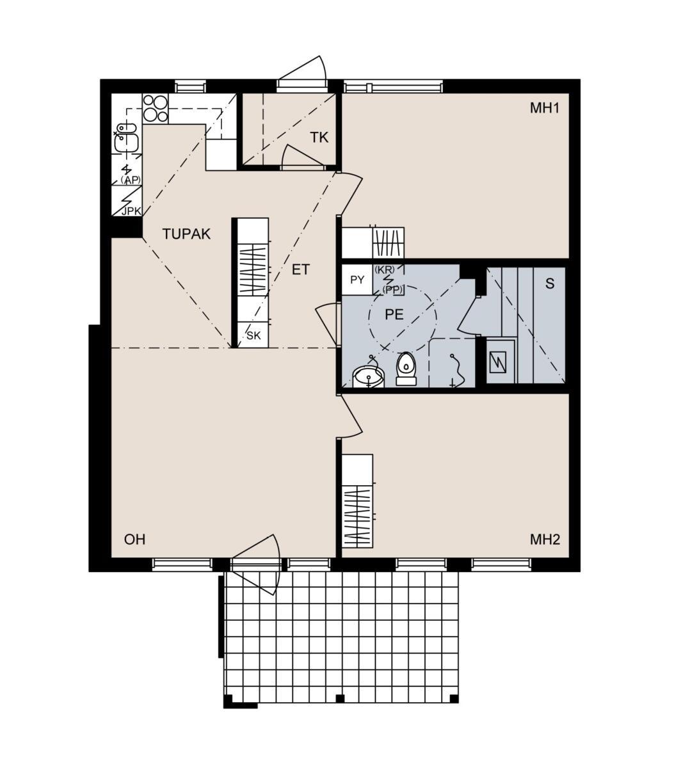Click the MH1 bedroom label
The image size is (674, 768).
tap(544, 108)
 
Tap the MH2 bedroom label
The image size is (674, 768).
tap(545, 540)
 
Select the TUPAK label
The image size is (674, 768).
tap(186, 234)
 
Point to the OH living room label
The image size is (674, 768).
tap(134, 540)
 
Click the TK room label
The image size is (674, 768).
tap(319, 137)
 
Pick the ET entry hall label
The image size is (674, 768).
tap(301, 269)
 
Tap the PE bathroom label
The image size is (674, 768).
tap(394, 314)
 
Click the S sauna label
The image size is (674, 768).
tap(550, 283)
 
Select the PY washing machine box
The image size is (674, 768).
tap(357, 280)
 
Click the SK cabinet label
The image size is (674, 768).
tap(253, 335)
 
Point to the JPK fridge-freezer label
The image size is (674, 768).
tap(131, 211)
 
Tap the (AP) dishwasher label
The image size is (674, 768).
tap(131, 180)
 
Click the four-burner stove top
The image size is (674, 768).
tap(156, 108)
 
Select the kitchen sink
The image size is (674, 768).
tap(126, 138)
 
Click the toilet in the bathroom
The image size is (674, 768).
tap(406, 369)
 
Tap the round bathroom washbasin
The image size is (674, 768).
tap(368, 377)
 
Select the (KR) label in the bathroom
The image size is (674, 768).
tap(385, 269)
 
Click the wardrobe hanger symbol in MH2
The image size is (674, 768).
tap(357, 516)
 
